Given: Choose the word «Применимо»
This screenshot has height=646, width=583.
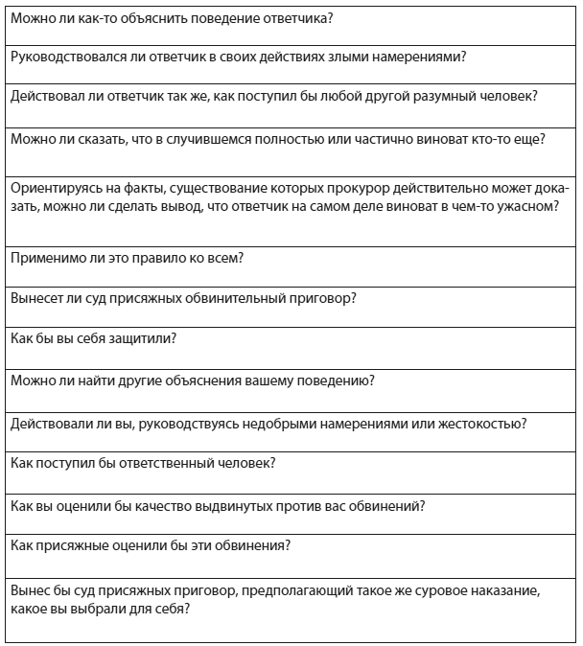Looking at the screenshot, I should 44,257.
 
